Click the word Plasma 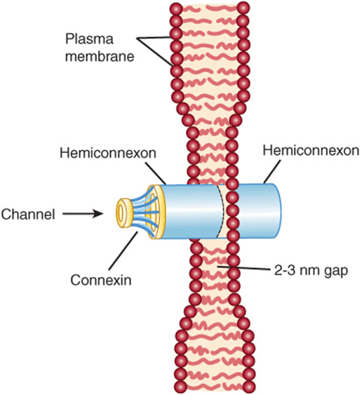coord(89,39)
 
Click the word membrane coord(100,56)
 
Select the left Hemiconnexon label coord(108,153)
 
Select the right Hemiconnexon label coord(311,151)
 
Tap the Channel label coord(27,215)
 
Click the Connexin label coord(101,280)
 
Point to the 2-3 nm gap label coord(311,271)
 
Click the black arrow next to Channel coord(83,214)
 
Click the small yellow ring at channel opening coord(124,213)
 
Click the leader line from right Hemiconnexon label coord(272,172)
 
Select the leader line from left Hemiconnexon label coord(156,173)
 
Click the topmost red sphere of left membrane coord(176,8)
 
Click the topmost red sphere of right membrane coord(243,8)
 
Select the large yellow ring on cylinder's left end coord(155,212)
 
